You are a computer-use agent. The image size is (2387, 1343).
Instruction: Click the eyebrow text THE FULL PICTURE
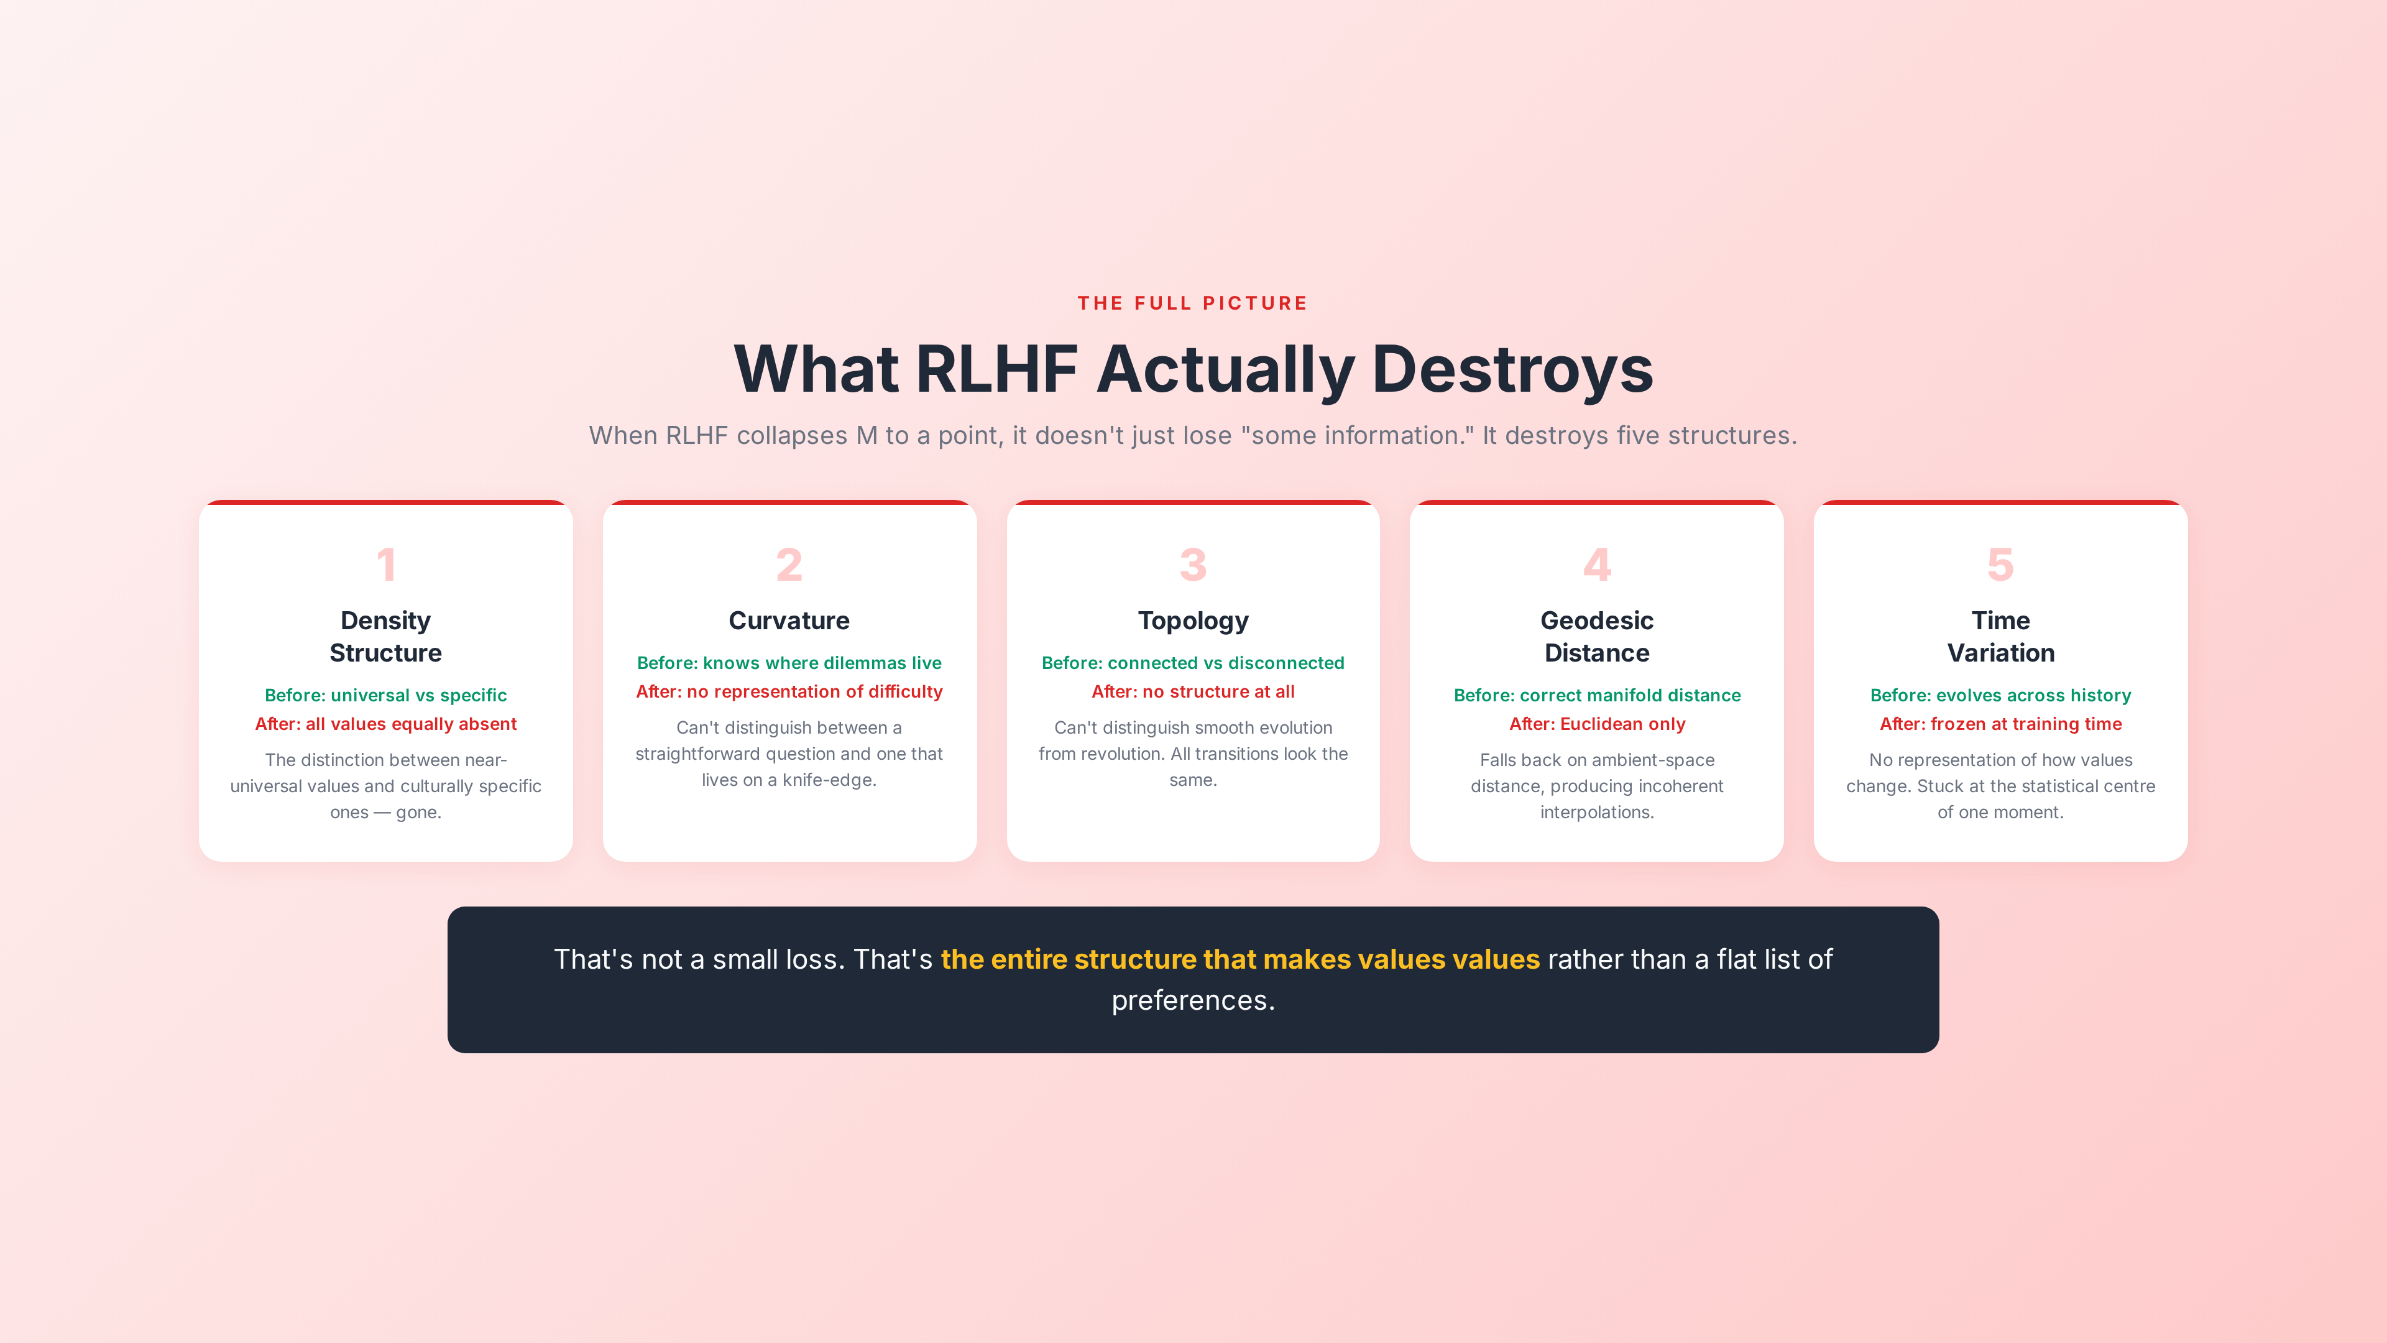pyautogui.click(x=1193, y=303)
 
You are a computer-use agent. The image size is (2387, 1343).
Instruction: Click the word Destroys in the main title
pyautogui.click(x=1512, y=369)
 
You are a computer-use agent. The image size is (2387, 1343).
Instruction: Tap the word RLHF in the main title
pyautogui.click(x=996, y=369)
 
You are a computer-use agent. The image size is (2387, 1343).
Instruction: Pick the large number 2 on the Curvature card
pyautogui.click(x=789, y=565)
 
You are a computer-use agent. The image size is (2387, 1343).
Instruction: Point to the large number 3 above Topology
pyautogui.click(x=1193, y=565)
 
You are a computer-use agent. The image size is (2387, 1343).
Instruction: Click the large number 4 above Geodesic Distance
pyautogui.click(x=1596, y=565)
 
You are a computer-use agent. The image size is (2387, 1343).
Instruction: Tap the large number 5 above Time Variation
pyautogui.click(x=2000, y=565)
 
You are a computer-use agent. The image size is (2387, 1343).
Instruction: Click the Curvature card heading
pyautogui.click(x=789, y=620)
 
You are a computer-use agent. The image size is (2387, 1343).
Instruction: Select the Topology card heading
pyautogui.click(x=1193, y=620)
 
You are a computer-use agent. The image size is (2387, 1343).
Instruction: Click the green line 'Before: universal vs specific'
pyautogui.click(x=385, y=695)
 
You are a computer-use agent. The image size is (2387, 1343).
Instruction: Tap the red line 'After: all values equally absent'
pyautogui.click(x=385, y=724)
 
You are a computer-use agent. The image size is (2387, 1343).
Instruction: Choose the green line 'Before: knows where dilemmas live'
pyautogui.click(x=789, y=663)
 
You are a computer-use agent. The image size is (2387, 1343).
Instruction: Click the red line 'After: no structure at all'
pyautogui.click(x=1193, y=691)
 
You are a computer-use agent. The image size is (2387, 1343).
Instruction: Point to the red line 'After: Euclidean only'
pyautogui.click(x=1596, y=724)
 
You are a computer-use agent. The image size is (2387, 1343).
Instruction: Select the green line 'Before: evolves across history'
pyautogui.click(x=2000, y=695)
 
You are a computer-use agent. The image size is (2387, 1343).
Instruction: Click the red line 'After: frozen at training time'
pyautogui.click(x=2000, y=724)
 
